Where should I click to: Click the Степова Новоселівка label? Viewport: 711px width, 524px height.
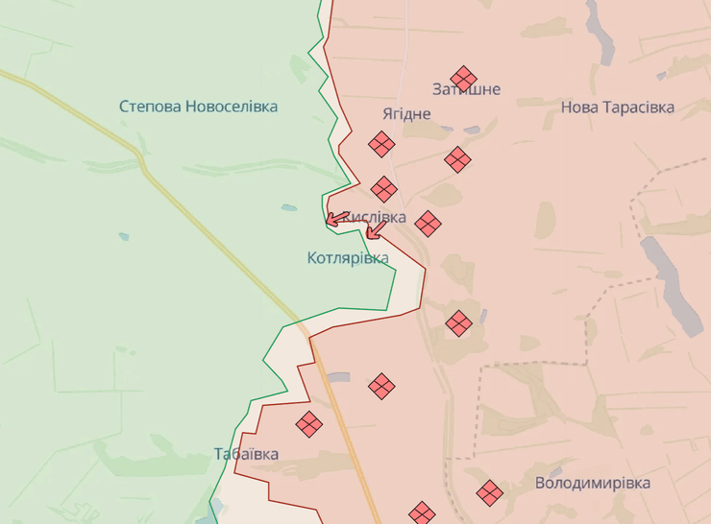tap(199, 107)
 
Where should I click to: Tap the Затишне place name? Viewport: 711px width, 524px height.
tap(466, 89)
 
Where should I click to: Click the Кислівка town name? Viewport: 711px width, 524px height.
tap(375, 218)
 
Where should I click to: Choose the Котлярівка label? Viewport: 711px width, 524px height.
tap(348, 258)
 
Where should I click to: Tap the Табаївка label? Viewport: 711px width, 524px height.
tap(247, 454)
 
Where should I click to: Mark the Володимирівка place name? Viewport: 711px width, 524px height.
tap(593, 483)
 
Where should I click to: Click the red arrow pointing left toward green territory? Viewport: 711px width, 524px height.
tap(335, 219)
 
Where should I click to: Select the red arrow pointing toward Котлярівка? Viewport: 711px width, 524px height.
tap(374, 230)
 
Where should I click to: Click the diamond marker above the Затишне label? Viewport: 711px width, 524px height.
tap(464, 78)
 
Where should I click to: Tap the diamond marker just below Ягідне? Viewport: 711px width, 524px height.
tap(381, 145)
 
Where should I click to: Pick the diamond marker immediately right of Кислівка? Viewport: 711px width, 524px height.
tap(428, 225)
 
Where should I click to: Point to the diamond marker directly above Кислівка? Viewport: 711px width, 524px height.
tap(384, 189)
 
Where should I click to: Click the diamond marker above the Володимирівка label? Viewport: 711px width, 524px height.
tap(490, 493)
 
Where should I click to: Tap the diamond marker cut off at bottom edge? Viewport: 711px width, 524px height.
tap(421, 513)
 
